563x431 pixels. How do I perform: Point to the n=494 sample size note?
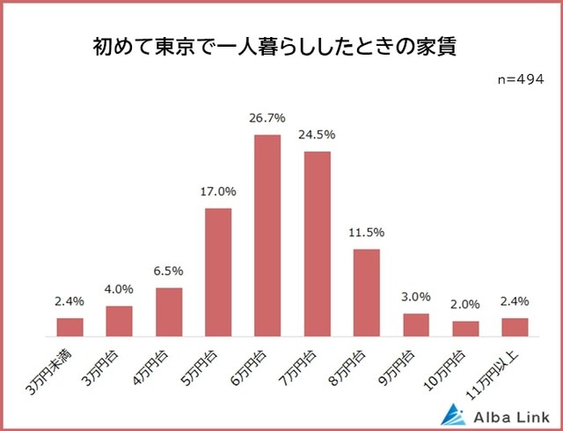[x=521, y=79]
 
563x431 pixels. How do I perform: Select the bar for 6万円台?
[x=267, y=235]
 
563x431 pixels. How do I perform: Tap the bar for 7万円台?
[x=317, y=243]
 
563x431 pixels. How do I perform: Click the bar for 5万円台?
[x=218, y=272]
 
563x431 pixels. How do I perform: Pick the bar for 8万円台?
[x=366, y=293]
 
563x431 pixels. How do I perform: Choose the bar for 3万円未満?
[x=70, y=327]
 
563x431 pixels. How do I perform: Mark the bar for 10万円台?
[x=465, y=328]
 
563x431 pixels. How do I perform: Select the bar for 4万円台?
[x=169, y=312]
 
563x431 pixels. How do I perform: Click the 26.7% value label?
[x=267, y=118]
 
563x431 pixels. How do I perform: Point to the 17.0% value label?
[x=218, y=191]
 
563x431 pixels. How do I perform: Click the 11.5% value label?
[x=366, y=233]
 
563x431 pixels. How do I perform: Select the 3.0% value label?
[x=416, y=297]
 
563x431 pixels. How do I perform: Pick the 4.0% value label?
[x=120, y=289]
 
